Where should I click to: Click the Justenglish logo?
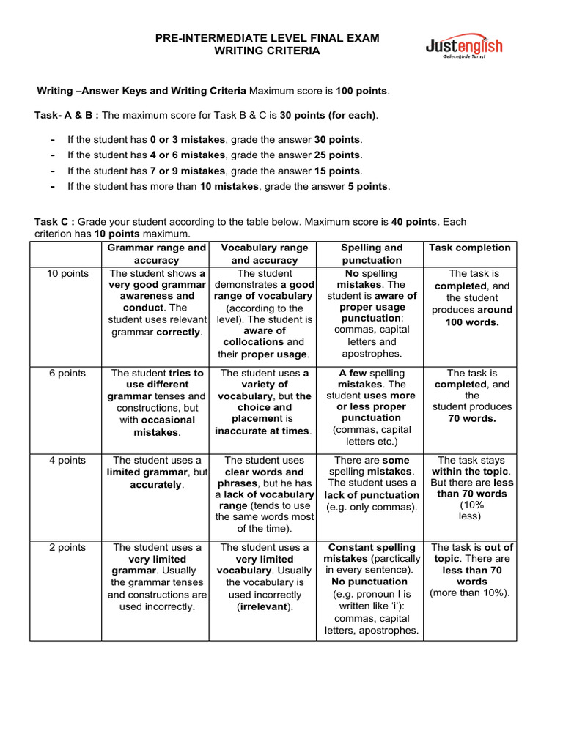pyautogui.click(x=464, y=48)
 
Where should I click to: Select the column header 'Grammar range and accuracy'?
pyautogui.click(x=157, y=254)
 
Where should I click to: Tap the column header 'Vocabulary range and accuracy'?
pyautogui.click(x=264, y=254)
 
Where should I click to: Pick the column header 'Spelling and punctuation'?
pyautogui.click(x=372, y=254)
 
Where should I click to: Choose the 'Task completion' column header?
pyautogui.click(x=469, y=248)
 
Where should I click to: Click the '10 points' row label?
pyautogui.click(x=67, y=273)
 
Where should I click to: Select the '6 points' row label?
pyautogui.click(x=67, y=373)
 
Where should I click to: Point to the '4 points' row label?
pyautogui.click(x=67, y=460)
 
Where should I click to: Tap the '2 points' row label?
pyautogui.click(x=67, y=547)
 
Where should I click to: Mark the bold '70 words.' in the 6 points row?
pyautogui.click(x=472, y=419)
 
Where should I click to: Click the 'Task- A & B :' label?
pyautogui.click(x=66, y=115)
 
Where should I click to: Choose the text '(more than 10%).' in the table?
pyautogui.click(x=469, y=593)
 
